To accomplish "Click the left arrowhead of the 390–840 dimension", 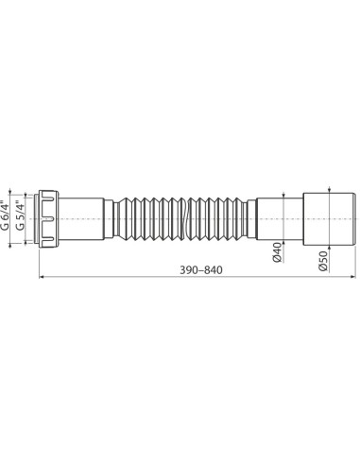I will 41,279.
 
